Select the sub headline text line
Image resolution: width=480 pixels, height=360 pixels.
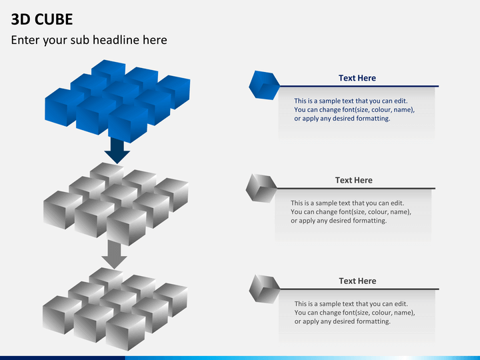tap(89, 40)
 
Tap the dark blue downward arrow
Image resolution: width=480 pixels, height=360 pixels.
tap(117, 151)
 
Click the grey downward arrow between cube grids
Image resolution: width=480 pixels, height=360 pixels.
tap(114, 254)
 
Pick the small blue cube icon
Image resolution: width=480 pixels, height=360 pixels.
tap(264, 85)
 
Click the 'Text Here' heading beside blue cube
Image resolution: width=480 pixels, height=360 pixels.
tap(357, 78)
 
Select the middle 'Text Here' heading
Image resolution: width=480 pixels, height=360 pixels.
tap(353, 180)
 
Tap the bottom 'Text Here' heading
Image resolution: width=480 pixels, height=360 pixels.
tap(357, 281)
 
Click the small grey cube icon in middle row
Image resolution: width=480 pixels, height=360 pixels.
tap(261, 187)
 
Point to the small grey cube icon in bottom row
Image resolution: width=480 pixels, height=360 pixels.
tap(264, 288)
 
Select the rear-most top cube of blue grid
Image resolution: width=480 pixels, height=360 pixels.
tap(108, 71)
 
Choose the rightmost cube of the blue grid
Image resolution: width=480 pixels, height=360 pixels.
tap(174, 91)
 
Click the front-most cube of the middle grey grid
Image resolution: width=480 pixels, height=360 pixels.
tap(126, 227)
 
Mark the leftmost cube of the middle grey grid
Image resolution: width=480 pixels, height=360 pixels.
tap(62, 209)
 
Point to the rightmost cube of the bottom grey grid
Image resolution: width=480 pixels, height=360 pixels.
tap(171, 299)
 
